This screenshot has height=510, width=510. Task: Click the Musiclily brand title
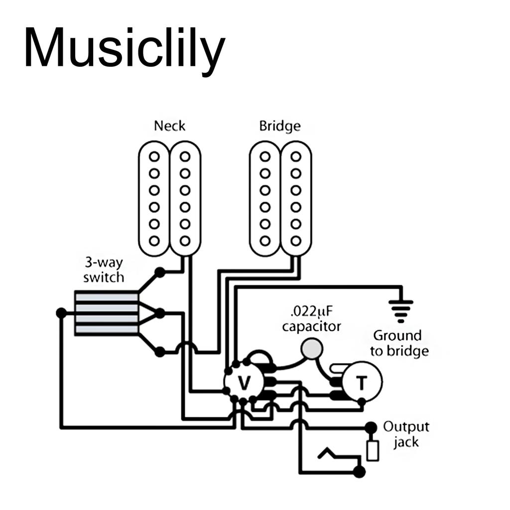124,48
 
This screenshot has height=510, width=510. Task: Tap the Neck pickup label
169,126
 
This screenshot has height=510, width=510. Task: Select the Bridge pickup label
280,126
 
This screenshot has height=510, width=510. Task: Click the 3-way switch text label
104,269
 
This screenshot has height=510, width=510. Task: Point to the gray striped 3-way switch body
106,313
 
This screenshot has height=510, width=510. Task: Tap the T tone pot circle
362,382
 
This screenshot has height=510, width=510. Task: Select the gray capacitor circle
312,349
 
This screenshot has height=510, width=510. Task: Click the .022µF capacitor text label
312,319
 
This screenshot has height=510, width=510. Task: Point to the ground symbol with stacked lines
401,310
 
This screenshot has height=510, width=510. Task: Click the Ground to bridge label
399,343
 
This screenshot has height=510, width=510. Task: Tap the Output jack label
406,434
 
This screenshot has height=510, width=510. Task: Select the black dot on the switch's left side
61,313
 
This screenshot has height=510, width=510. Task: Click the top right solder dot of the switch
160,272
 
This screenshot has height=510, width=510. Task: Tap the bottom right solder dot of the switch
160,352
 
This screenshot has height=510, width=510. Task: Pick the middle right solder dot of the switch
160,313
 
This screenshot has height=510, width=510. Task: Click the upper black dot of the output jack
371,427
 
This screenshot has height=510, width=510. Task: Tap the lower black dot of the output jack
359,472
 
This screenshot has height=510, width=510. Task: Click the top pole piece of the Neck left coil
154,156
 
